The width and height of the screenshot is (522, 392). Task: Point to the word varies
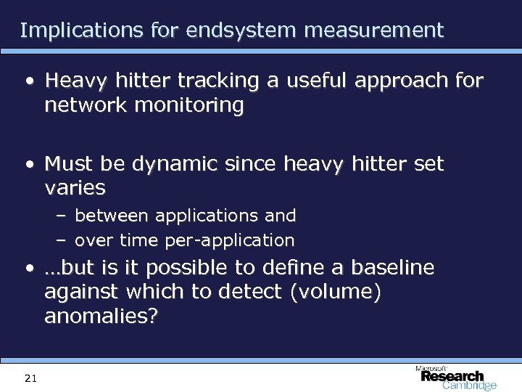(x=75, y=189)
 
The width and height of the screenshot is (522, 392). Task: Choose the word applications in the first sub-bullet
(x=197, y=216)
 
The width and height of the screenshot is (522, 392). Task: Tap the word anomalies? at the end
(x=101, y=317)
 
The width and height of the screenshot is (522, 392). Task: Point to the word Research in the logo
(x=452, y=376)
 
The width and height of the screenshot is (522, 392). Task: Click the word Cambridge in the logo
(x=469, y=385)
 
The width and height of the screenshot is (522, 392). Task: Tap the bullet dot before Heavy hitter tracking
(x=28, y=82)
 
